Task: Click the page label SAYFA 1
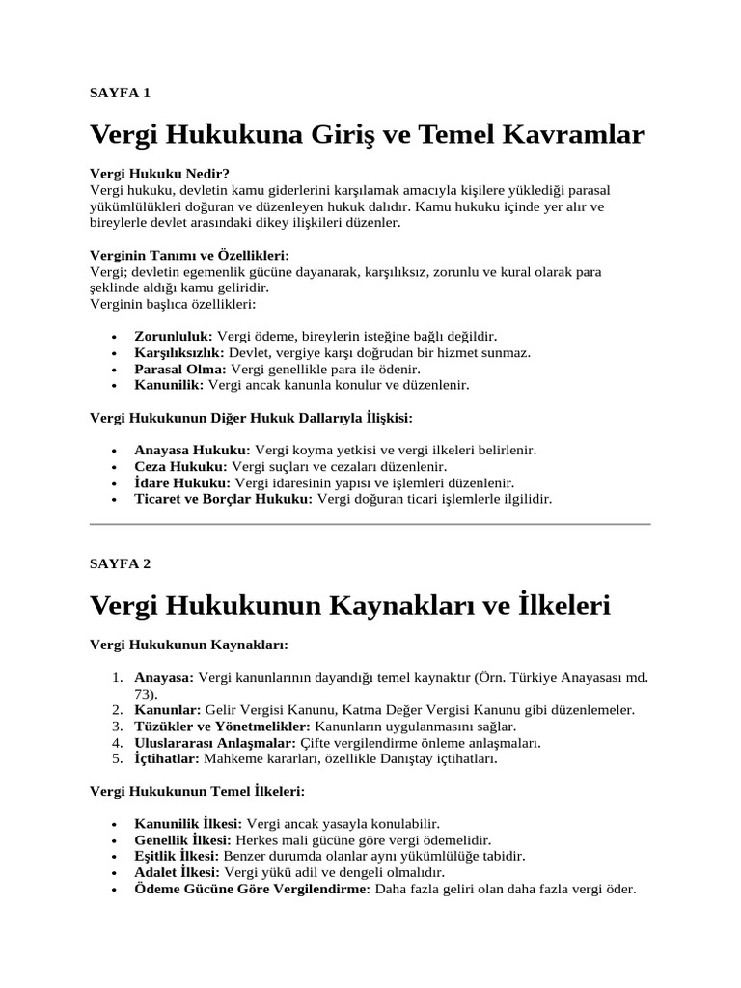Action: tap(120, 94)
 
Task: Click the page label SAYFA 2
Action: tap(120, 563)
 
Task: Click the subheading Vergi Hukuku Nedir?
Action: tap(159, 174)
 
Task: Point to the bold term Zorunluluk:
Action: tap(174, 336)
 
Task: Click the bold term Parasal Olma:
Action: tap(180, 369)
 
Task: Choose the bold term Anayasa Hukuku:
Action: tap(192, 450)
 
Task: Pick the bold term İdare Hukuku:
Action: tap(182, 482)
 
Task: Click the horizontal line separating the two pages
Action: tap(370, 524)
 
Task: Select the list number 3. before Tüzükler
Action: tap(117, 726)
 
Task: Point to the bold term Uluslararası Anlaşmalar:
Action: tap(215, 742)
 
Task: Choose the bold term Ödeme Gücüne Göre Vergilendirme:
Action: tap(252, 889)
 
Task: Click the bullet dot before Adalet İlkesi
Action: tap(116, 872)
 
